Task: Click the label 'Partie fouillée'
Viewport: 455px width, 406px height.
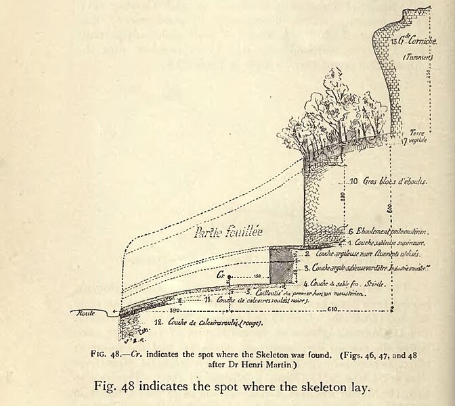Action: click(221, 233)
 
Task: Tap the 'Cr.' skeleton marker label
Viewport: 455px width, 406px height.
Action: click(221, 276)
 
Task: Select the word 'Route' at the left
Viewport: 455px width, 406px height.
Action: click(85, 313)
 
